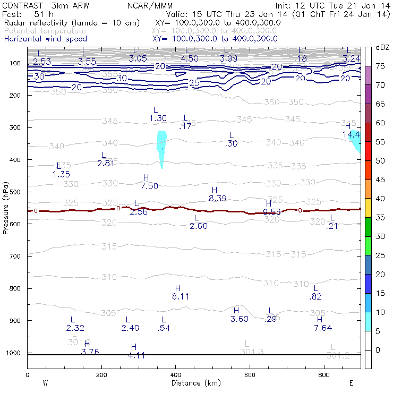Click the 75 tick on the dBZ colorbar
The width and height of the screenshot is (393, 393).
381,66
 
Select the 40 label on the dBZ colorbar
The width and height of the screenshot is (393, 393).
381,199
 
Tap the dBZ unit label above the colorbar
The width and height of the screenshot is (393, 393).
382,47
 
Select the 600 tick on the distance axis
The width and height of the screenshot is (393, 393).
250,375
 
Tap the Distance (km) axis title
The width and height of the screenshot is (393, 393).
194,383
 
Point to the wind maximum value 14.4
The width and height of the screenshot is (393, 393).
351,135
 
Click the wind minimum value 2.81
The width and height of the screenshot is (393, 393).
106,164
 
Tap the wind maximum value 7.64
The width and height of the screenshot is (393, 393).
322,328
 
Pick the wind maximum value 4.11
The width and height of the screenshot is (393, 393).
136,355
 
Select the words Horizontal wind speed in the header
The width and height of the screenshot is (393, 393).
45,39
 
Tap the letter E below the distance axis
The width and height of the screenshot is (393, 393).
352,383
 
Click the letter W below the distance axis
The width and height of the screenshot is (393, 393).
45,383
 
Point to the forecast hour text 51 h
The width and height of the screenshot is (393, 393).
44,13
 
